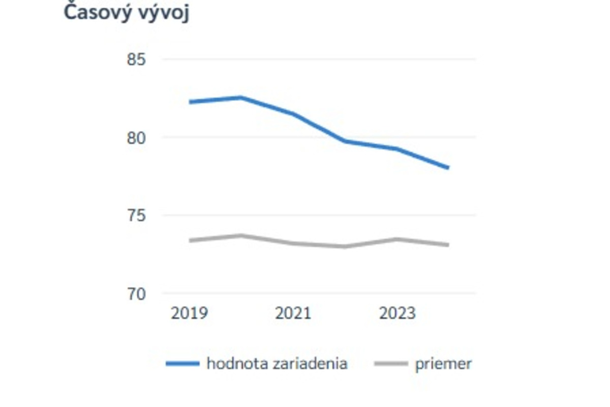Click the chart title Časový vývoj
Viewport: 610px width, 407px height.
click(127, 13)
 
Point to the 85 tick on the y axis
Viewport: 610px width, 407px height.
click(136, 60)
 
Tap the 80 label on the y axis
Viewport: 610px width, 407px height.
click(136, 138)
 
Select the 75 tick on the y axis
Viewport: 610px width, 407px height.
click(136, 216)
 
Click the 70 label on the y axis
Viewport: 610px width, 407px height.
click(136, 294)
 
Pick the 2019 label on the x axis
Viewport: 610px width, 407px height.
click(189, 313)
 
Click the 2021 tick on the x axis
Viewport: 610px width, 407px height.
click(293, 313)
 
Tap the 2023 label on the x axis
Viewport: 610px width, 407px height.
click(397, 313)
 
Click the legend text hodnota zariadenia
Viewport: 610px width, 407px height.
click(277, 364)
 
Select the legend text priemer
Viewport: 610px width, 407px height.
click(443, 364)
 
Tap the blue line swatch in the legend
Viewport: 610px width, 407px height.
click(182, 364)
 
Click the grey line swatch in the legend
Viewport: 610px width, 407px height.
click(391, 364)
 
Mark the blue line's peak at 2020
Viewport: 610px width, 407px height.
click(241, 97)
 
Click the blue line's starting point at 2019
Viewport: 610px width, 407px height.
click(189, 102)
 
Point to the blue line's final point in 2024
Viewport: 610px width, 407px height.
click(448, 167)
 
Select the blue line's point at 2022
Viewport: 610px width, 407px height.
click(345, 140)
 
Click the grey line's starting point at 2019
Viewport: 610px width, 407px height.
click(189, 240)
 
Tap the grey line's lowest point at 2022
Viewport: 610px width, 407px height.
click(345, 247)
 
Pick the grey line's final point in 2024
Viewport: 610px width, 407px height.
click(448, 245)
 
